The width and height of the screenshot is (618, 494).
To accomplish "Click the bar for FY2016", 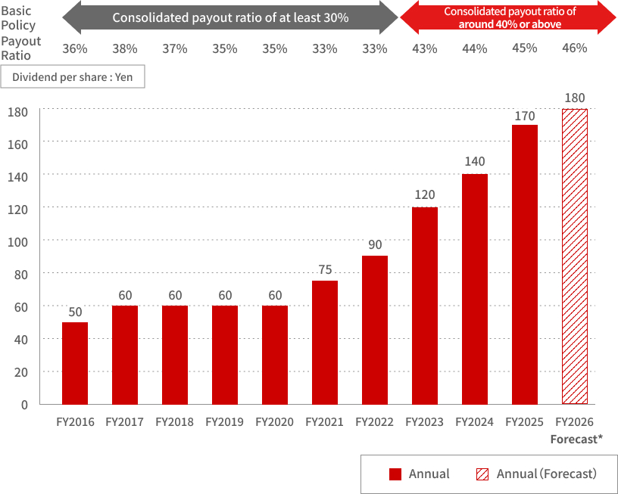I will tap(75, 363).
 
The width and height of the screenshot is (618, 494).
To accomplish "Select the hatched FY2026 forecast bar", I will tap(575, 256).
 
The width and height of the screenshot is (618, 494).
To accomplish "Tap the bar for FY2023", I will tap(425, 306).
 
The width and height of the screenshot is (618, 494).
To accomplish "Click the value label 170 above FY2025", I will tap(525, 116).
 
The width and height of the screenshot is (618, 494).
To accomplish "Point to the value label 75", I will tap(325, 270).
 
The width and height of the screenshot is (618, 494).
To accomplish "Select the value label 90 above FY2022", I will tap(375, 246).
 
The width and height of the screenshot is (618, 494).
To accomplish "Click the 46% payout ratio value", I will tap(575, 48).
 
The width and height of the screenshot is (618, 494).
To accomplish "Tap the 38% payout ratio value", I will tap(125, 48).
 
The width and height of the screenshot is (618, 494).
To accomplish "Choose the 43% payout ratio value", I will tap(425, 48).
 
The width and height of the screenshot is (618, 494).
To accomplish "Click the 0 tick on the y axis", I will tap(24, 405).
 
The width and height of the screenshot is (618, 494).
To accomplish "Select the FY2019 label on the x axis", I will tap(225, 422).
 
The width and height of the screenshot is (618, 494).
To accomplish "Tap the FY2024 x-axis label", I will tap(475, 422).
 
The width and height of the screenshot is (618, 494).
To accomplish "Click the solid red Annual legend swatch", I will tap(395, 474).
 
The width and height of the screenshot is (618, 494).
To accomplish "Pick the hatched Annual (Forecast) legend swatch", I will tap(482, 474).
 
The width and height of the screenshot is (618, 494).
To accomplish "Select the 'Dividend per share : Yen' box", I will tap(73, 77).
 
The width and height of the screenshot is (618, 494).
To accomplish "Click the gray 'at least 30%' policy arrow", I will tap(230, 17).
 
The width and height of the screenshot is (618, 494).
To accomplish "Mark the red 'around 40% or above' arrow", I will tap(508, 17).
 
